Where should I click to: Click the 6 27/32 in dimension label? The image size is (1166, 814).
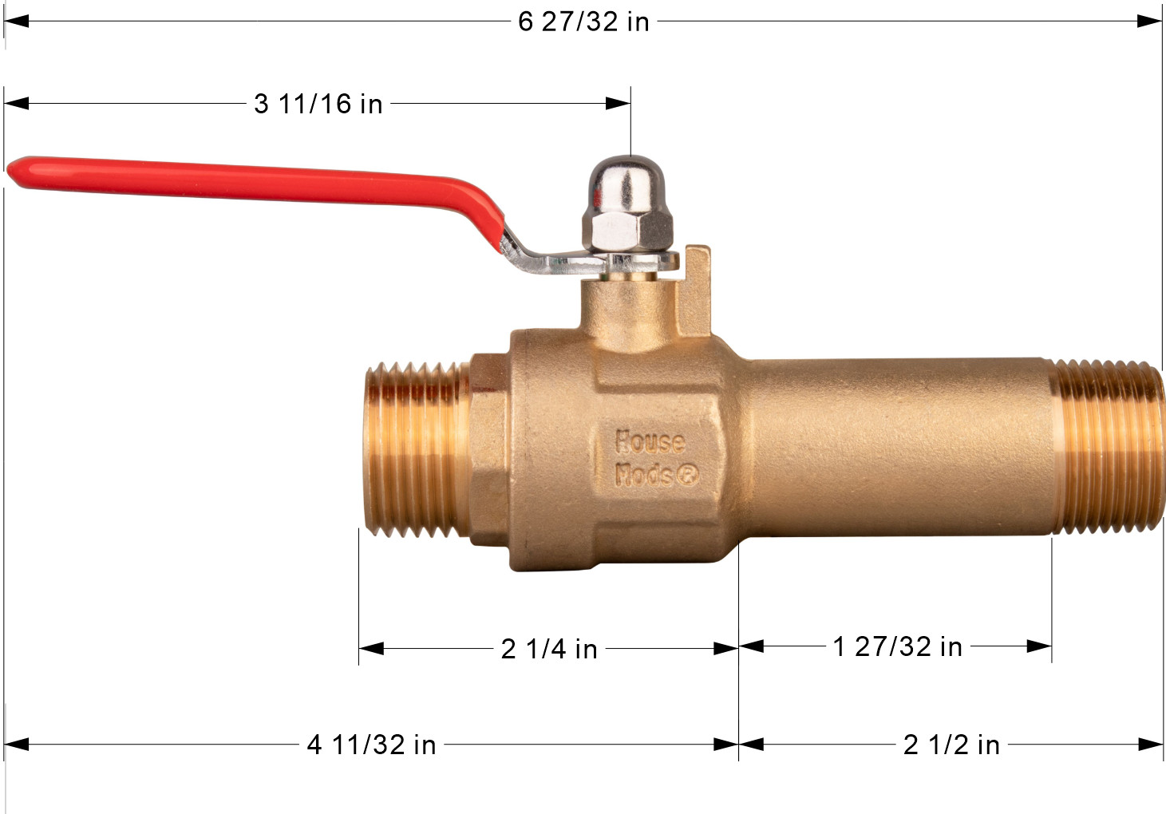(583, 22)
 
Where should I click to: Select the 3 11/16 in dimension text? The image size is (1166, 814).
(318, 104)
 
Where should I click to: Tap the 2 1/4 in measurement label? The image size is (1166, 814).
(549, 649)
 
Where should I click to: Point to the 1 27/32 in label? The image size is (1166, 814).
(897, 646)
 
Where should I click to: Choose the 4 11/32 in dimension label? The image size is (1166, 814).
(371, 745)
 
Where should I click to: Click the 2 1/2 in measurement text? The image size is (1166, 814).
(951, 745)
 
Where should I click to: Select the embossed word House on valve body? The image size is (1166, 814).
(650, 441)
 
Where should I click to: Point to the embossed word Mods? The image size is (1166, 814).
(643, 476)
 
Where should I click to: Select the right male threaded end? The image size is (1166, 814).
(1105, 447)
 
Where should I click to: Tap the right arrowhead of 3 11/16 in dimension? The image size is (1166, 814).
(619, 104)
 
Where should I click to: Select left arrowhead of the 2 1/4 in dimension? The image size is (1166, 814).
(371, 649)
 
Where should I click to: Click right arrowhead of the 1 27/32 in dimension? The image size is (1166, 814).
(1040, 646)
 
